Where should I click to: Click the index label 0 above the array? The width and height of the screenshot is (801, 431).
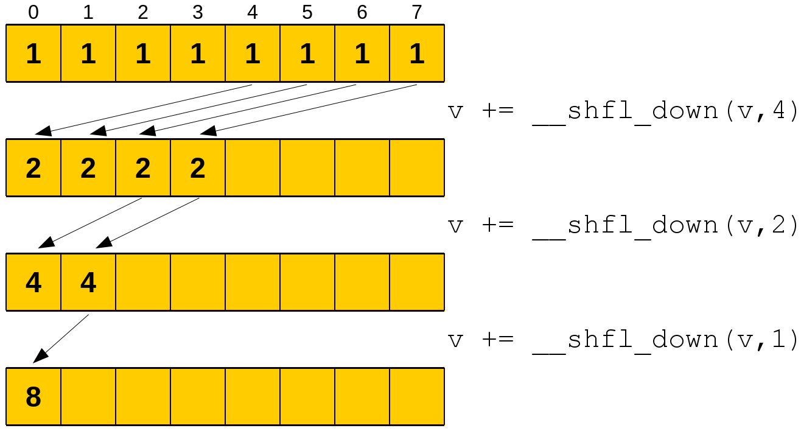pos(33,12)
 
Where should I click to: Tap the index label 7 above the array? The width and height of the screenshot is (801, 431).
pos(417,12)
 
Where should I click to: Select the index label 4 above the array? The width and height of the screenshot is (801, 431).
pos(253,12)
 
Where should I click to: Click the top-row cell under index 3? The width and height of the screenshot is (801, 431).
pos(198,54)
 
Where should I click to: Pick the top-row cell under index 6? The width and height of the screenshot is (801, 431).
pos(362,54)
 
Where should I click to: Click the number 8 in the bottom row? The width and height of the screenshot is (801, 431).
pos(33,397)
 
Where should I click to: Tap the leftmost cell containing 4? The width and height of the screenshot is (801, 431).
pos(33,282)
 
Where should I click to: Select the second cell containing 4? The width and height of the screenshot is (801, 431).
pos(88,282)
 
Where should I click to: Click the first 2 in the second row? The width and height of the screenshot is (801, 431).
pos(33,168)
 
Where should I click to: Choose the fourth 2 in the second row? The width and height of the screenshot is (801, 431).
pos(198,168)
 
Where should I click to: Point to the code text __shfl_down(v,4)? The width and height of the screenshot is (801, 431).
pos(664,111)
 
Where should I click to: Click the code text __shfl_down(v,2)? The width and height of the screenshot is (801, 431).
pos(664,226)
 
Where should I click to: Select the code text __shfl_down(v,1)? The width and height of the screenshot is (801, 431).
pos(664,340)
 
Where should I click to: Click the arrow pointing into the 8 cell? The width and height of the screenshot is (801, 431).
pos(61,338)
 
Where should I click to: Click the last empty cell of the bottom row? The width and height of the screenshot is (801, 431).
pos(417,397)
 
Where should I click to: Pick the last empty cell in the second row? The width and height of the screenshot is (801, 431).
pos(417,168)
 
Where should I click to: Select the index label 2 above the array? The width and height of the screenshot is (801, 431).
pos(143,12)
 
